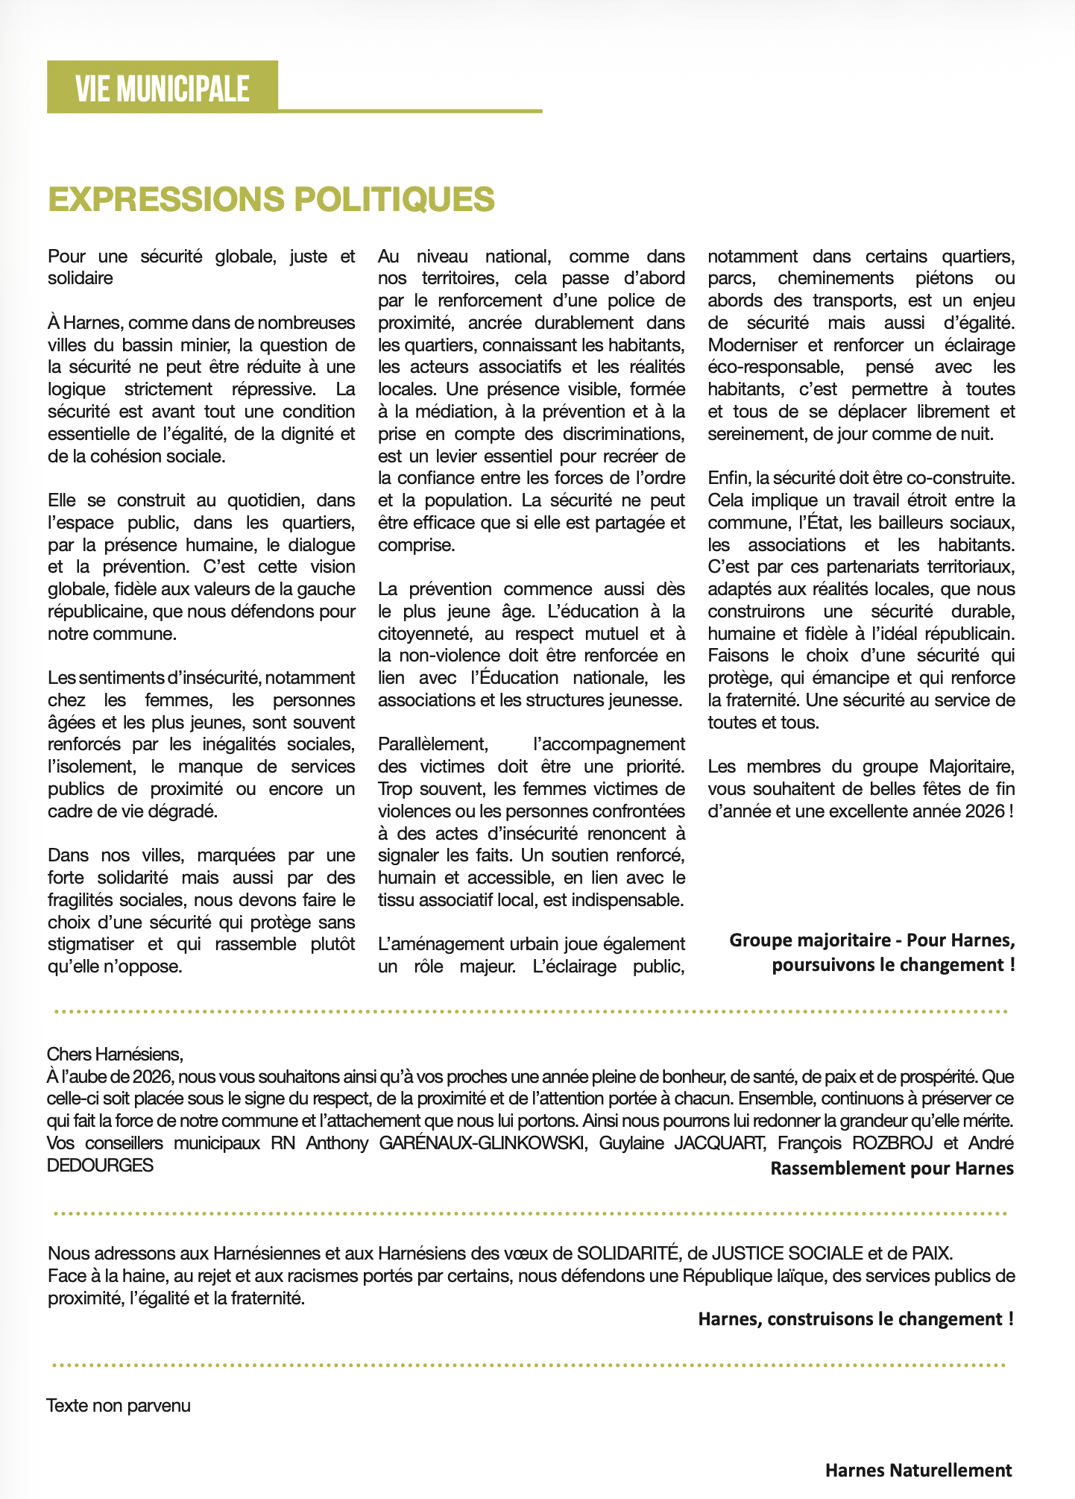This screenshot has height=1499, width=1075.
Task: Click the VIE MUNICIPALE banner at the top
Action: coord(162,89)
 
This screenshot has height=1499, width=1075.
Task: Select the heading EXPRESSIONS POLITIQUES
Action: coord(271,199)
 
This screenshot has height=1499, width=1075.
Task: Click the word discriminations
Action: coord(628,434)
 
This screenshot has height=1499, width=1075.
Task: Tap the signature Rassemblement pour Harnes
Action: coord(892,1168)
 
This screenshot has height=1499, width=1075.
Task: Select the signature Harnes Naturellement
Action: coord(918,1471)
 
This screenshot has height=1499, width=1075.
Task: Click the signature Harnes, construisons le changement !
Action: coord(855,1319)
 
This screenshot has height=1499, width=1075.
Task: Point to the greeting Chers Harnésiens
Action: coord(115,1055)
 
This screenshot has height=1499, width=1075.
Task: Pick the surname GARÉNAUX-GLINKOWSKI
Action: coord(482,1143)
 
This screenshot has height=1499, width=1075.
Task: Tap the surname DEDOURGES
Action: coord(100,1166)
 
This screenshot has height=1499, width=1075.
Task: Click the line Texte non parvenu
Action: coord(119,1406)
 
